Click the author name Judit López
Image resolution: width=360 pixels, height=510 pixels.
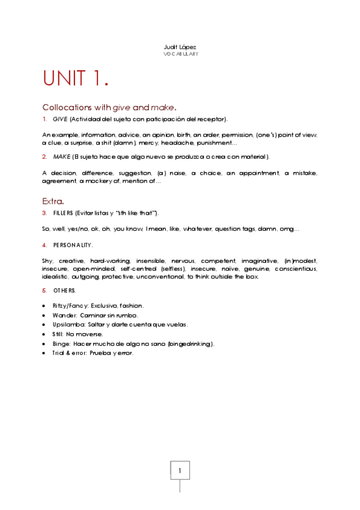click(180, 47)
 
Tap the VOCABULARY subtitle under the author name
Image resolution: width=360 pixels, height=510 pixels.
click(180, 54)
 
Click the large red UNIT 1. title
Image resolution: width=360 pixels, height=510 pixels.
click(76, 79)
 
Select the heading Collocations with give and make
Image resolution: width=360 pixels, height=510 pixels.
click(109, 107)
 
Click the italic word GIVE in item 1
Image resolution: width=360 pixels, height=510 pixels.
click(59, 119)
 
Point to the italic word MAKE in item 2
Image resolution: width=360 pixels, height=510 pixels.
click(61, 157)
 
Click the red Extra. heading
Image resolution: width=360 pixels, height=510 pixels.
click(53, 200)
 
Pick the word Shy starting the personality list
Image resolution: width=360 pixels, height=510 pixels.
click(47, 260)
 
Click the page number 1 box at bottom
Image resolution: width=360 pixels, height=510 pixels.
click(180, 470)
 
